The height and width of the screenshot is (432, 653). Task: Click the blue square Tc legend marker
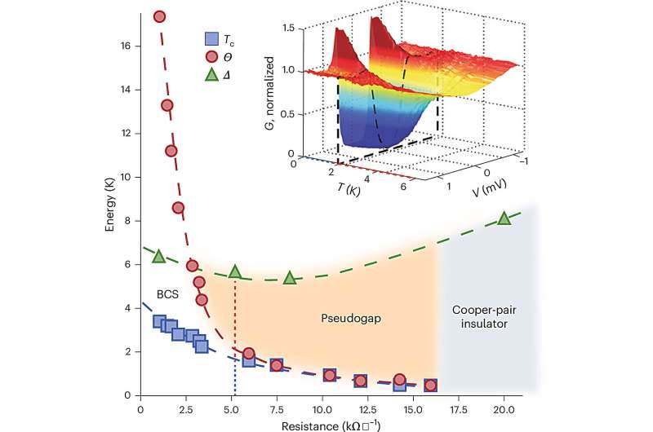click(211, 38)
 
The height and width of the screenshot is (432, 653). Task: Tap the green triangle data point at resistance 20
click(504, 218)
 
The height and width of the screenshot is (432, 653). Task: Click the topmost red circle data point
click(160, 16)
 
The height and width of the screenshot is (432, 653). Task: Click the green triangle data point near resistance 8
click(290, 278)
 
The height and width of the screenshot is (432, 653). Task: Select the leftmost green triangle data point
click(160, 256)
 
